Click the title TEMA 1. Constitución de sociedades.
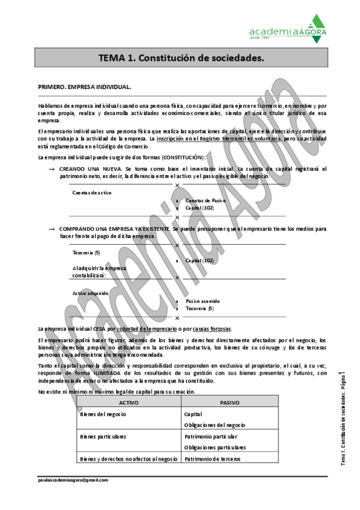(x=181, y=58)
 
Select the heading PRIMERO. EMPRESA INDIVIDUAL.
(x=84, y=87)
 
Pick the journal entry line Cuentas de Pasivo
(x=206, y=200)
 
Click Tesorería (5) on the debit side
(x=86, y=253)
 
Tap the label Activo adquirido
(x=90, y=293)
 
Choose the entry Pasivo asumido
(x=203, y=301)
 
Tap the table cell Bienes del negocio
(x=100, y=414)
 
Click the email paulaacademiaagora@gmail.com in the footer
(x=72, y=481)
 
